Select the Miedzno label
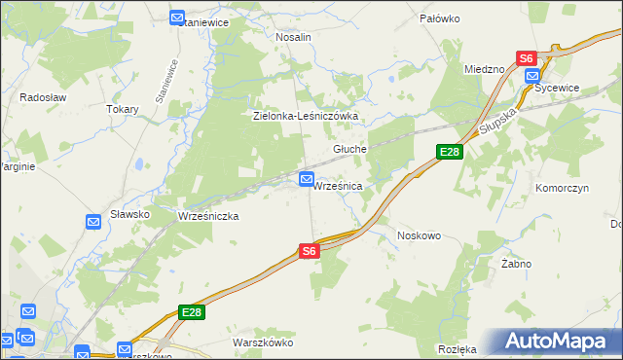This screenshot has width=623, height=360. pyautogui.click(x=484, y=69)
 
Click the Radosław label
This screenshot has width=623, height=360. pyautogui.click(x=41, y=97)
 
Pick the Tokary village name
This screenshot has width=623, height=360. pyautogui.click(x=123, y=109)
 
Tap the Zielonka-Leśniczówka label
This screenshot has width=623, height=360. pyautogui.click(x=307, y=116)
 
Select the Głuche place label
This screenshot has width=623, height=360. pyautogui.click(x=349, y=149)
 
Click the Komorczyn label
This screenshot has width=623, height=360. pyautogui.click(x=563, y=188)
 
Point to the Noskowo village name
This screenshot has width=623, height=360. pyautogui.click(x=420, y=235)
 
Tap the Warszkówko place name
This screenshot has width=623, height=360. pyautogui.click(x=263, y=342)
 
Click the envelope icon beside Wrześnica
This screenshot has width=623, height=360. pyautogui.click(x=307, y=179)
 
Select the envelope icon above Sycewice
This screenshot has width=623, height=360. pyautogui.click(x=531, y=75)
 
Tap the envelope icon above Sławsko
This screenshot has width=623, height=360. pyautogui.click(x=93, y=222)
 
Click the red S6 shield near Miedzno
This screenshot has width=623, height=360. pyautogui.click(x=526, y=58)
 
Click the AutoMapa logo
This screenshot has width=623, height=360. pyautogui.click(x=560, y=341)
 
